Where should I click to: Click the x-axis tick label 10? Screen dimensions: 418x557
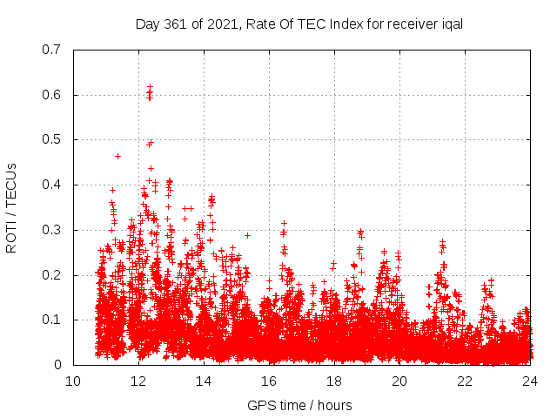pos(73,381)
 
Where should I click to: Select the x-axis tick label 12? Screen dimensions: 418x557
pos(138,381)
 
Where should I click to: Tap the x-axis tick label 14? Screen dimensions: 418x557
pos(204,381)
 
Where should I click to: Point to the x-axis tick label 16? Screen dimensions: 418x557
pos(269,381)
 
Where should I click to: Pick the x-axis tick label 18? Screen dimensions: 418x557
pos(334,381)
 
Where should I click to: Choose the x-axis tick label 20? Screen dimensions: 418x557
pos(399,381)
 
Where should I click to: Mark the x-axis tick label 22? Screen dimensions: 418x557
pos(465,381)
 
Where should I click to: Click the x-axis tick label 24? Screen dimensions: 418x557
pos(530,381)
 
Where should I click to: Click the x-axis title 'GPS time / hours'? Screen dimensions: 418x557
pos(301,405)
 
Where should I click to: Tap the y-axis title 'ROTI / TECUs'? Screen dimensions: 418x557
pos(11,207)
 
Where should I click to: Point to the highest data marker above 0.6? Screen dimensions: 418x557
pos(150,87)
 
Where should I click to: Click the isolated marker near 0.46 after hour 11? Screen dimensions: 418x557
pos(117,156)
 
